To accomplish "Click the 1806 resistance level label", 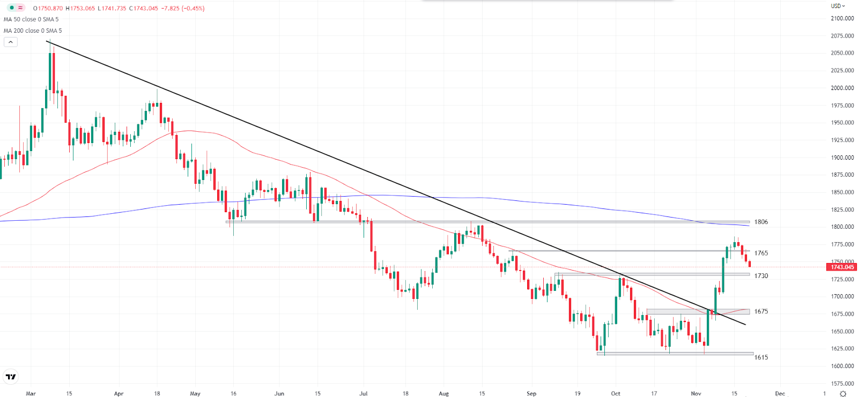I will coord(761,222).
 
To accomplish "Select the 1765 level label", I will coord(761,253).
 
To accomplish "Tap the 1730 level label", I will coord(761,276).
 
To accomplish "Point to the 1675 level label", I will coord(761,311).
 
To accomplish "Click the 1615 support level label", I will coord(761,357).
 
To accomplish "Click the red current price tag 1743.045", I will coord(842,267).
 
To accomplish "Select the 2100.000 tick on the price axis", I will coord(842,18).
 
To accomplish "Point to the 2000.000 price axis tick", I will coord(842,88).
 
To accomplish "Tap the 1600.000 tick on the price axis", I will coord(842,366).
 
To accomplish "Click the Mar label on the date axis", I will coord(31,393).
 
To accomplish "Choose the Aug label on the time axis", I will coord(443,393).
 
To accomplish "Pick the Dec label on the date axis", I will coord(780,393).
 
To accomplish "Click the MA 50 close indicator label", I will coord(31,19).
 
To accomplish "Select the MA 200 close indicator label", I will coord(33,31).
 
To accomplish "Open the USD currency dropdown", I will coord(838,6).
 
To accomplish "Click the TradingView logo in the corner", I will coord(11,377).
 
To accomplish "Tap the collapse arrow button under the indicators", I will coord(11,42).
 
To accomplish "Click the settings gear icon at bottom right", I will coord(843,393).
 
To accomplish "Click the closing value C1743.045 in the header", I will coord(143,8).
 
